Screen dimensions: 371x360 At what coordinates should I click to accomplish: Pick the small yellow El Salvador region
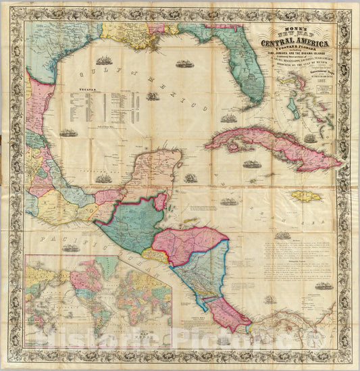(x=155, y=255)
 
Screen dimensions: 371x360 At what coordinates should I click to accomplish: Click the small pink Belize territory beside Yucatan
(x=161, y=201)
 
